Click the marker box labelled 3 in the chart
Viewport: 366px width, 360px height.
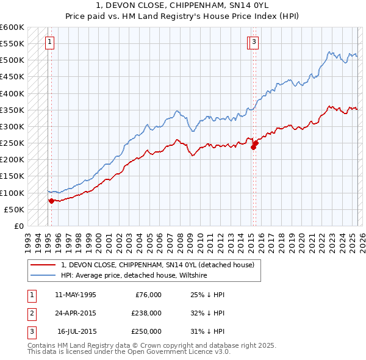point(253,42)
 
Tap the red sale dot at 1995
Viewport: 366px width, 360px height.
point(51,200)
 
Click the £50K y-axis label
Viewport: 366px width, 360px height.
point(15,209)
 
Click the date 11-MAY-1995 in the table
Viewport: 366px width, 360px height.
point(75,295)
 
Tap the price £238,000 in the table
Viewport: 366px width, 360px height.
point(146,313)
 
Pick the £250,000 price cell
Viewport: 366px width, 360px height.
point(146,331)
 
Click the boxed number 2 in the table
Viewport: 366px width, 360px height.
point(31,313)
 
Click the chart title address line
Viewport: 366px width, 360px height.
point(183,5)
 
